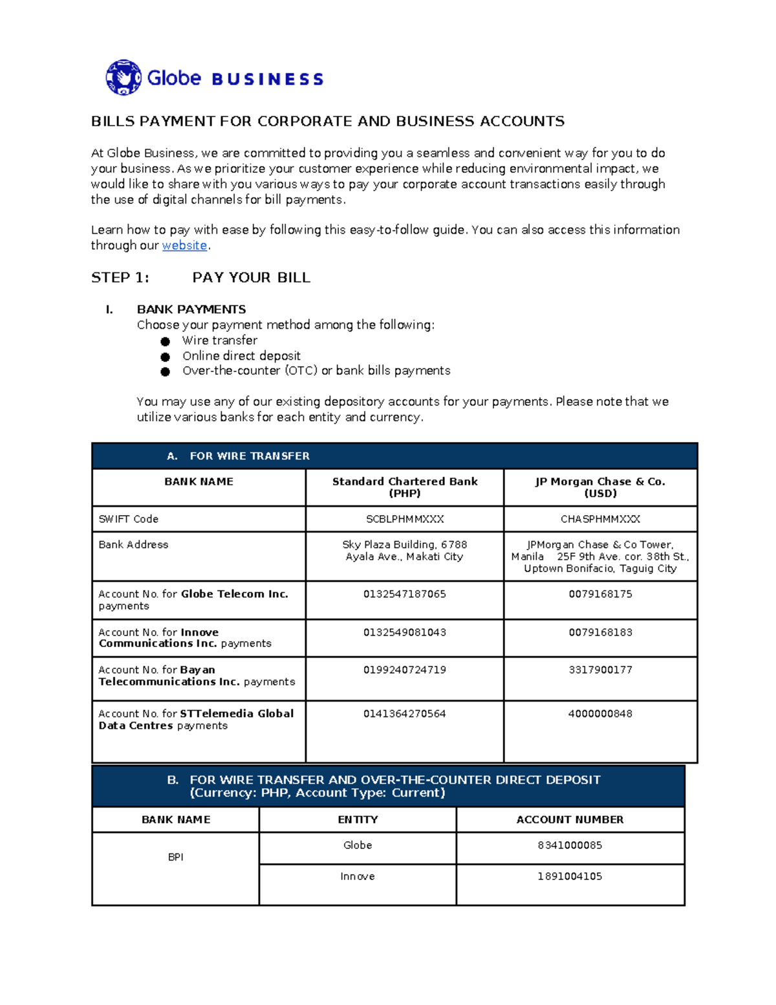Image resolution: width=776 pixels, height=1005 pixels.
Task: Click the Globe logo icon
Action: point(123,78)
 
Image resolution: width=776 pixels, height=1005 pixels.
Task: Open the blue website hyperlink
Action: point(184,245)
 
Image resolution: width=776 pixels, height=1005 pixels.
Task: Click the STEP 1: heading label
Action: point(120,278)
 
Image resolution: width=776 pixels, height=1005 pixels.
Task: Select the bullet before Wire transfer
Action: point(166,341)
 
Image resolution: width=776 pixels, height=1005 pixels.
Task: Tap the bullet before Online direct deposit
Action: point(166,357)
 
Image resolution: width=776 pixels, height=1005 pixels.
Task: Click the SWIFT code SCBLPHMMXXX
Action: point(405,519)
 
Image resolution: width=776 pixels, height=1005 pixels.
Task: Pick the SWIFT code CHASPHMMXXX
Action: point(600,519)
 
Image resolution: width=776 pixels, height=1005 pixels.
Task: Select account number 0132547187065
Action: point(405,594)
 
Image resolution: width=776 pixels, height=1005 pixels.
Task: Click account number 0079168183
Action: point(600,632)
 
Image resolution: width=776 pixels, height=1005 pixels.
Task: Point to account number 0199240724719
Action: point(405,670)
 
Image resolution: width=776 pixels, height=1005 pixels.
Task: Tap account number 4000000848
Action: point(600,714)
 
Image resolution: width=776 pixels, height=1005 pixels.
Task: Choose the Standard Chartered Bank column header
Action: point(405,487)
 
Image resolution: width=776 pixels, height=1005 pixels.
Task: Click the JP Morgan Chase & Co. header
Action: point(600,487)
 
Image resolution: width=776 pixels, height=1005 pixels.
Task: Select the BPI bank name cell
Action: point(176,857)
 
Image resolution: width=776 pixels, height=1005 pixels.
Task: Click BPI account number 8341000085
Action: point(570,845)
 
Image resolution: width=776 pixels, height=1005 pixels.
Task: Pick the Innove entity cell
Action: point(358,876)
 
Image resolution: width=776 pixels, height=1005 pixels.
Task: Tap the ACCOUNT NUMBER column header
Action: point(570,819)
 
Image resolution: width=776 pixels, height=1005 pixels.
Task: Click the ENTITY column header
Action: point(358,819)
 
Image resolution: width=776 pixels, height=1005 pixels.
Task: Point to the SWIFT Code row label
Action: point(129,519)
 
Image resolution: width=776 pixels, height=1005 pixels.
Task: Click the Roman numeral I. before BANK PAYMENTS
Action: point(109,309)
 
